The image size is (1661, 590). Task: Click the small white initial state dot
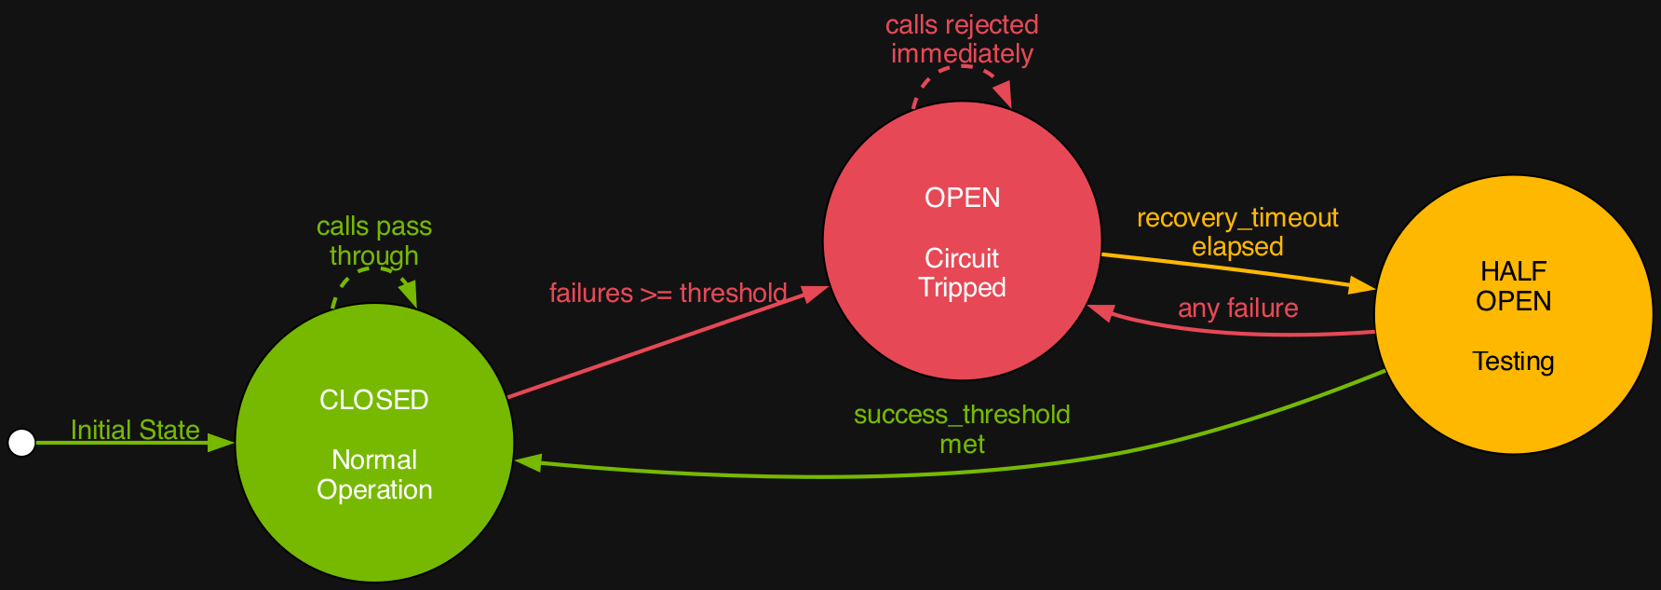(21, 444)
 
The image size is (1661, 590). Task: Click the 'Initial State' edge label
(135, 430)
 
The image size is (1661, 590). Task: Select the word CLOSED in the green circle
(373, 400)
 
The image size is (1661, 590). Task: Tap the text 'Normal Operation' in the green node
(374, 474)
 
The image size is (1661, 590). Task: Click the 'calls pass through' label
(373, 240)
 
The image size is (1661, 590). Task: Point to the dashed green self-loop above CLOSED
(373, 271)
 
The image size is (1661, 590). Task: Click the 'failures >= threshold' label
(668, 293)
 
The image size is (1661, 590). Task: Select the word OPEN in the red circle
(962, 198)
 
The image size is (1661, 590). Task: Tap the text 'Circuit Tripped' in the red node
(962, 272)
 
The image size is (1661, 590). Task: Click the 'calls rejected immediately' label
(962, 39)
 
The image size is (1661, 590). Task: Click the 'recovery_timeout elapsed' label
(1237, 232)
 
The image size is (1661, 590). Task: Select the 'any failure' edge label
(1237, 308)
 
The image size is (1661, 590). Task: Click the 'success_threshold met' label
(962, 429)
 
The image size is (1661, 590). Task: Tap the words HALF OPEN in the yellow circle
(1513, 286)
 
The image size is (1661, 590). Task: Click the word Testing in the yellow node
(1513, 361)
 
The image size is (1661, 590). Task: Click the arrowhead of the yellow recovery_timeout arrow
(1362, 286)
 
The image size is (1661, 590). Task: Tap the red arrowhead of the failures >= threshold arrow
(816, 292)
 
